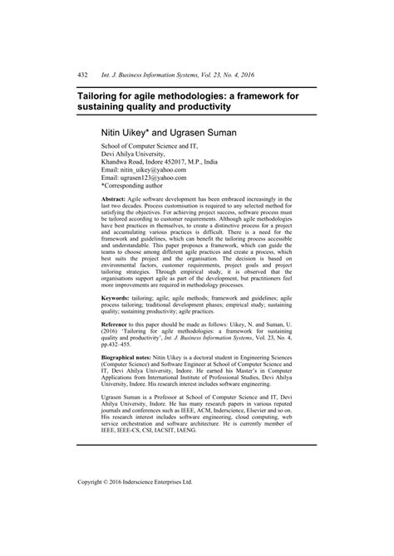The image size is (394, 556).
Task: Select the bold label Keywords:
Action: [116, 296]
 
